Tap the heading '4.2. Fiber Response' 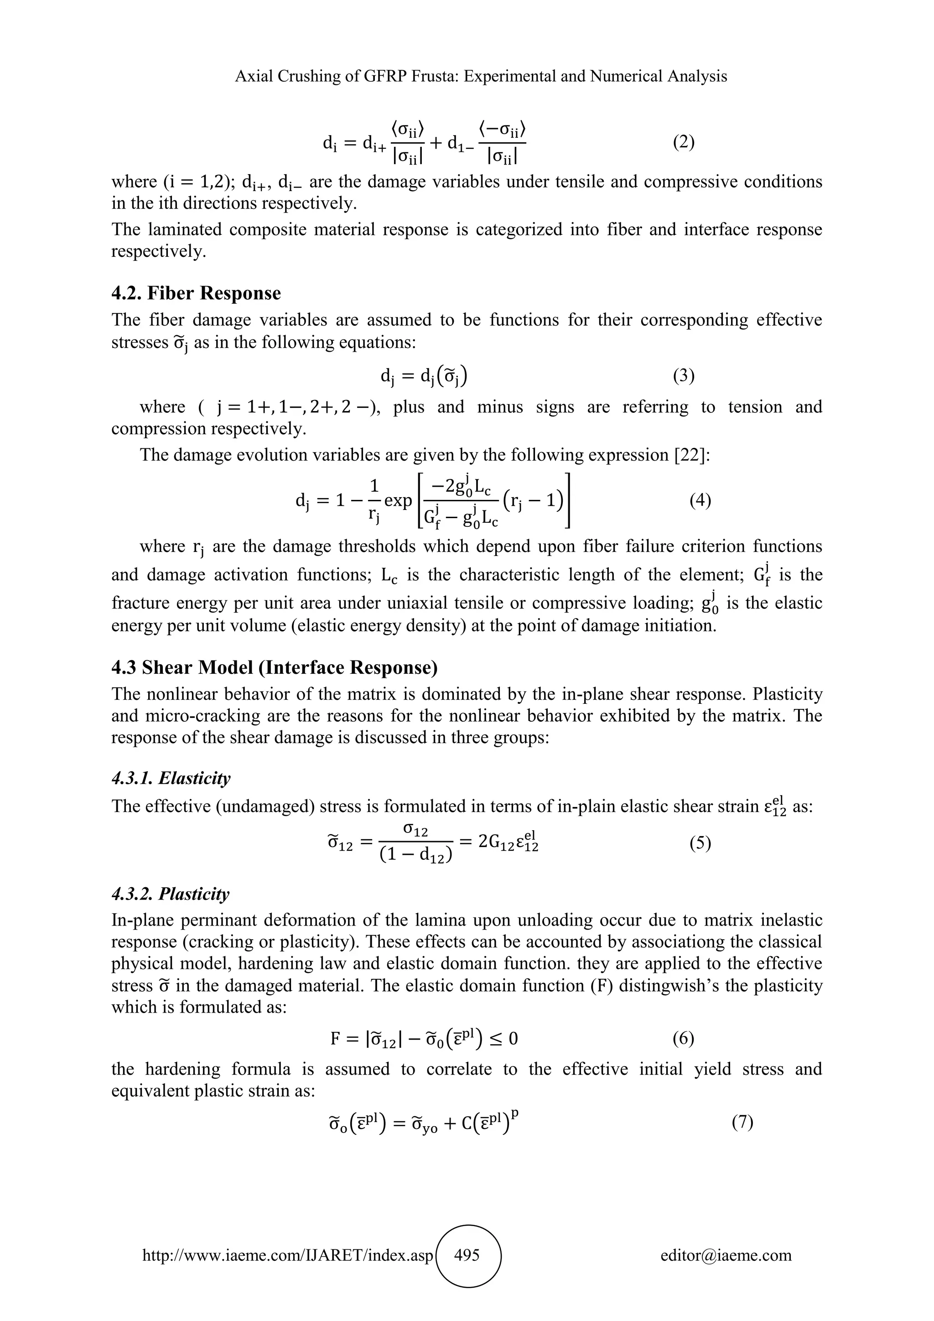point(196,293)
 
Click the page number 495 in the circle point(467,1254)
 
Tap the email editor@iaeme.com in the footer point(726,1255)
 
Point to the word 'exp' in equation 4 point(398,500)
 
